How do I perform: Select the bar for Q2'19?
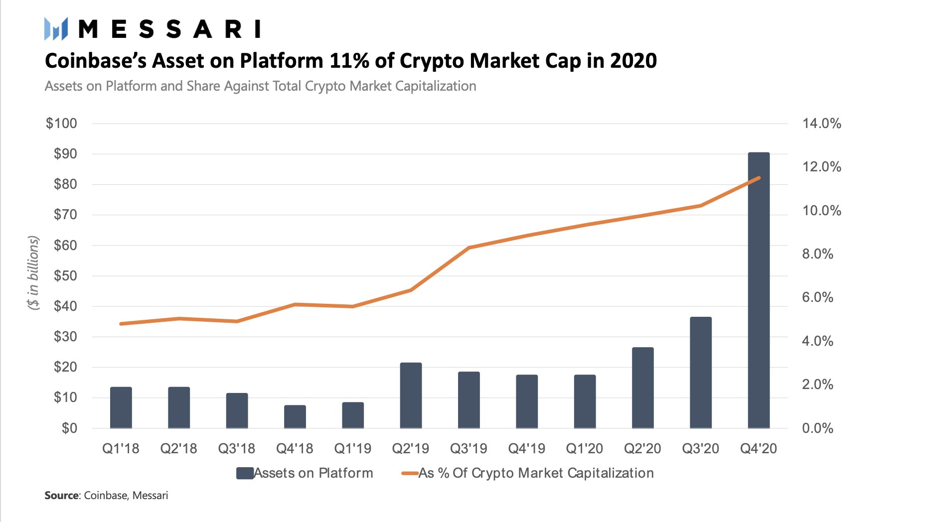[x=411, y=395]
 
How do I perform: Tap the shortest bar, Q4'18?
[x=295, y=417]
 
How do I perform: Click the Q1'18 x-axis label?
[x=121, y=449]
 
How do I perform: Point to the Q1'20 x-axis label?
[x=584, y=449]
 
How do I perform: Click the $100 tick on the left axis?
[x=61, y=124]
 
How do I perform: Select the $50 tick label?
[x=65, y=275]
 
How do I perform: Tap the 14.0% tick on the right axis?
[x=821, y=124]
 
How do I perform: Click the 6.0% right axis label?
[x=817, y=297]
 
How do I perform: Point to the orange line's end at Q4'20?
[x=759, y=178]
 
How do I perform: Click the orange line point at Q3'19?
[x=469, y=248]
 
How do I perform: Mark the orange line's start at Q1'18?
[x=121, y=324]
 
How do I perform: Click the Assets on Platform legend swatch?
[x=245, y=473]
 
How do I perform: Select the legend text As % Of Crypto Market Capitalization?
[x=536, y=473]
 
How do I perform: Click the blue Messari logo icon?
[x=55, y=29]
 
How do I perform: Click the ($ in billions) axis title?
[x=33, y=273]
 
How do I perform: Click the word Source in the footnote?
[x=61, y=496]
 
